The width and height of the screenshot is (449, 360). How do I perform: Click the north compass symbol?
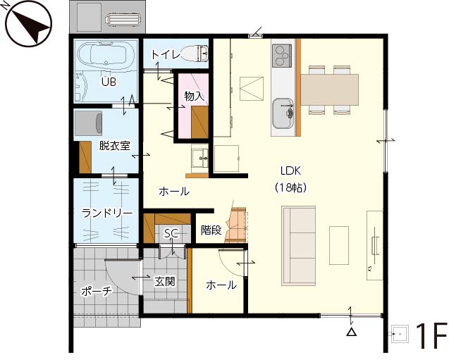[28, 25]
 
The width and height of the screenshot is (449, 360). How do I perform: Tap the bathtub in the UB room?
[106, 56]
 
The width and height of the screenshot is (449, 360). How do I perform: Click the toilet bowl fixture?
[194, 53]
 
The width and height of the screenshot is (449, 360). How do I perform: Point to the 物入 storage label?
[195, 96]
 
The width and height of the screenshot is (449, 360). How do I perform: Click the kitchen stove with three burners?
[282, 56]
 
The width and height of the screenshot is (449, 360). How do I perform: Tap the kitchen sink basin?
[283, 113]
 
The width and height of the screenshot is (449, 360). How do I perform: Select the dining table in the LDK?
[329, 89]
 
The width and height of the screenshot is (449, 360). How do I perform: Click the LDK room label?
[290, 171]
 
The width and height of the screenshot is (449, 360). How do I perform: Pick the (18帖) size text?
[290, 187]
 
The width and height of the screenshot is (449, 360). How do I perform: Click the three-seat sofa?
[299, 246]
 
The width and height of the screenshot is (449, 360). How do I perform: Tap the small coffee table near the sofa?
[339, 246]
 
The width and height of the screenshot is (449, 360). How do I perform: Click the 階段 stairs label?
[211, 230]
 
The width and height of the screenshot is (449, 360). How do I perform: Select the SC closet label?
[171, 233]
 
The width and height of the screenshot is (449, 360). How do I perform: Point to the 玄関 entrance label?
[165, 282]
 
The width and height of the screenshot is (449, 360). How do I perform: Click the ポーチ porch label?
[96, 292]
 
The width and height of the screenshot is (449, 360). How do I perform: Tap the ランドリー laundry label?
[107, 213]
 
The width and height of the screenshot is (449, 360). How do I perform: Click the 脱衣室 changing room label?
[114, 146]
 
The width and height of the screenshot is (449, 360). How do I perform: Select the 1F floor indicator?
[431, 336]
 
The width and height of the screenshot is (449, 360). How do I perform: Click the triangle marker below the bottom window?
[351, 332]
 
